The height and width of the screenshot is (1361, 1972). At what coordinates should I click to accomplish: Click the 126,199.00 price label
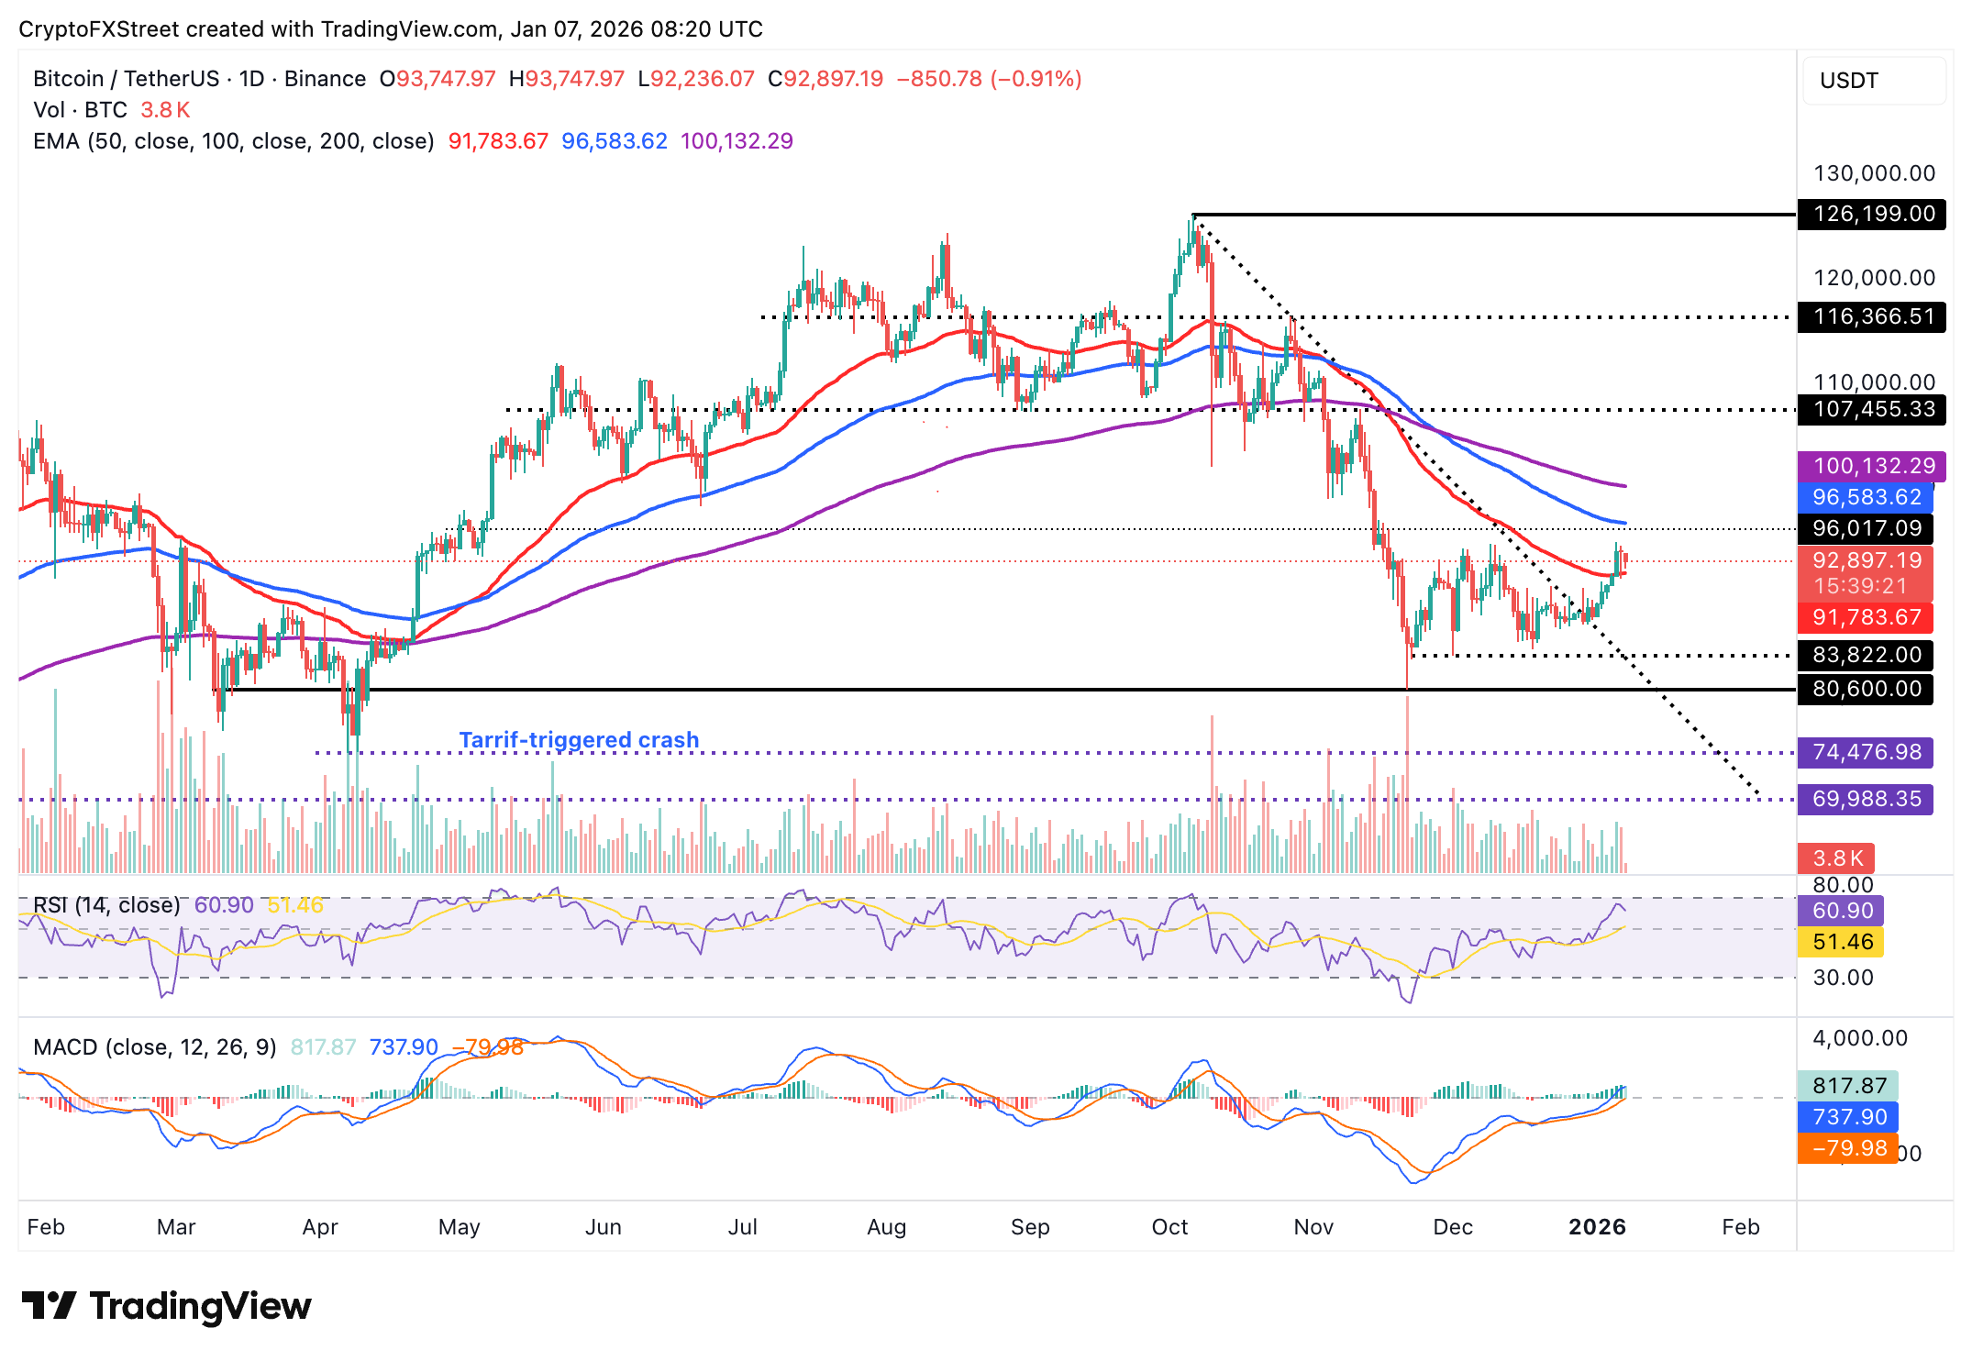tap(1872, 215)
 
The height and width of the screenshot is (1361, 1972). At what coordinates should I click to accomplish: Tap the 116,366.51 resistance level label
tap(1872, 317)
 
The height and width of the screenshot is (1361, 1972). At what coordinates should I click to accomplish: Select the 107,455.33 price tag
tap(1872, 409)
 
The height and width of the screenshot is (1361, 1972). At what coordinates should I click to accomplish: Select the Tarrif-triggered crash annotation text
tap(579, 740)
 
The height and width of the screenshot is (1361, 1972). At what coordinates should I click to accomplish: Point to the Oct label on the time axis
tap(1169, 1227)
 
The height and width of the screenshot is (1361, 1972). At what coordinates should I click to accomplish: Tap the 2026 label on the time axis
tap(1597, 1227)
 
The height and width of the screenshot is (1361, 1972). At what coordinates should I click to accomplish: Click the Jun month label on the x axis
tap(603, 1227)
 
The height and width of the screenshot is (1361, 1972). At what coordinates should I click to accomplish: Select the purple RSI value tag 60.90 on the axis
tap(1842, 911)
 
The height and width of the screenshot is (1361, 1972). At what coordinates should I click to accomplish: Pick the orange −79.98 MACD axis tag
tap(1847, 1148)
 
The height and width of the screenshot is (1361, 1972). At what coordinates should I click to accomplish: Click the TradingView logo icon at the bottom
tap(48, 1306)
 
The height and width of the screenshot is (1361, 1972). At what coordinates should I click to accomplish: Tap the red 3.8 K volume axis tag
tap(1836, 858)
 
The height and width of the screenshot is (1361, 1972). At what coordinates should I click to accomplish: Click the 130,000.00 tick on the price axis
tap(1874, 173)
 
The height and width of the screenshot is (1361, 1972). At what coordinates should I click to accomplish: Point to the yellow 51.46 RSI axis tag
tap(1842, 942)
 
